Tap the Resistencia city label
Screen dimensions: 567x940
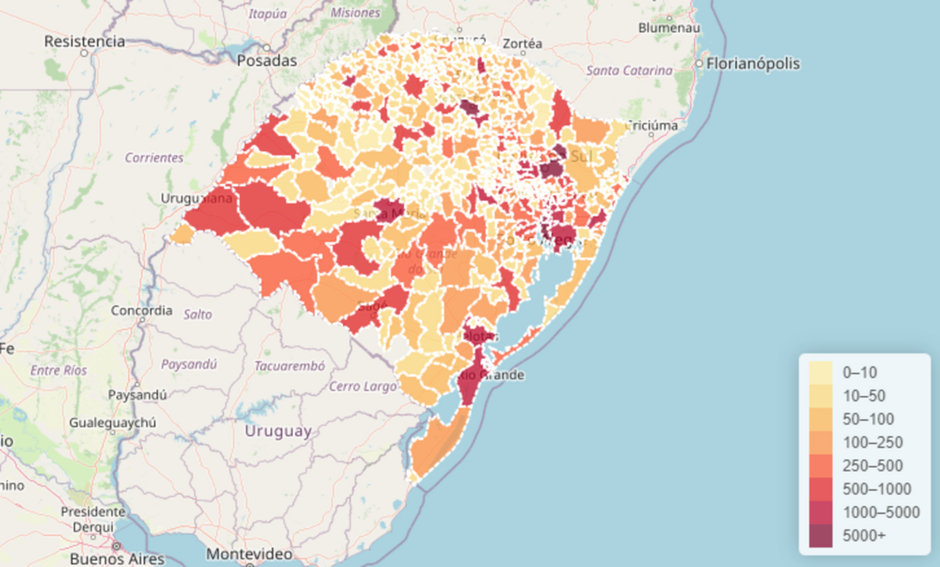point(84,41)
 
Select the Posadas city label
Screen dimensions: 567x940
point(267,61)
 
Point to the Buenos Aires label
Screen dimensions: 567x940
point(117,558)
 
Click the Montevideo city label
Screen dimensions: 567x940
point(249,554)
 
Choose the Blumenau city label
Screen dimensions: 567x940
point(669,28)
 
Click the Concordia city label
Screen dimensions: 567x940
point(141,310)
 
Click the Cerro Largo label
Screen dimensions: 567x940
point(363,386)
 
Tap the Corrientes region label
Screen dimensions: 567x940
point(154,157)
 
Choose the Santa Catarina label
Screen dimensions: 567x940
point(622,70)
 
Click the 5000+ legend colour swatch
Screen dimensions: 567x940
point(821,535)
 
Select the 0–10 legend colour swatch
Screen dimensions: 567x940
point(821,372)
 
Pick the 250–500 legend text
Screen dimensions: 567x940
point(872,465)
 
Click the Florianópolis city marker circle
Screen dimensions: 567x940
point(699,64)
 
